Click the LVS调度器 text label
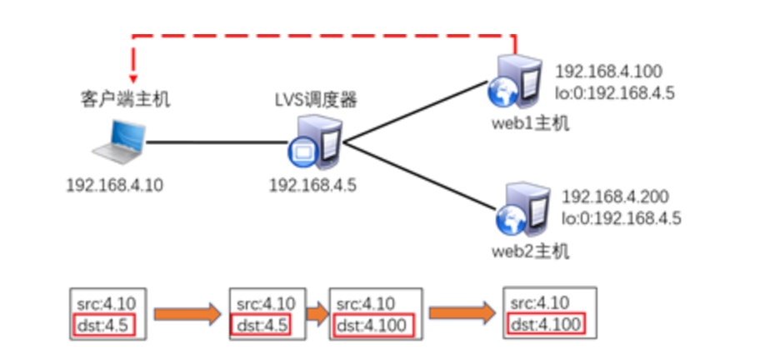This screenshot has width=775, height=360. coord(316,101)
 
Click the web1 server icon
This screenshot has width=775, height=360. coord(512,83)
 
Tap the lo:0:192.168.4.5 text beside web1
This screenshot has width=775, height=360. coord(614,92)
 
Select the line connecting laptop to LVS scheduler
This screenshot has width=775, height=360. coord(217,143)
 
